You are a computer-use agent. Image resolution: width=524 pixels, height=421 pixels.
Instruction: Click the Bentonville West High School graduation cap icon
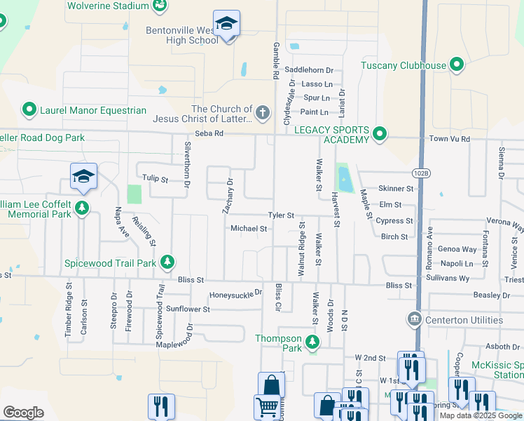point(226,25)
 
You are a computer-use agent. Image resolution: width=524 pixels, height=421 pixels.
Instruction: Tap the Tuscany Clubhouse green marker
point(457,66)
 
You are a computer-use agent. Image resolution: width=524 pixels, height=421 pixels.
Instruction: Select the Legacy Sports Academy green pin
point(380,133)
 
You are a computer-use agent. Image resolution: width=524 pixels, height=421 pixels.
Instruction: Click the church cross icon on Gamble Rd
point(262,112)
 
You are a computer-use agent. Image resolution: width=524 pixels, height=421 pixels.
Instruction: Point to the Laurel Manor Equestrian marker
point(29,110)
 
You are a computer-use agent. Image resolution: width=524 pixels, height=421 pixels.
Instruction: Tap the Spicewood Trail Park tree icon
point(167,263)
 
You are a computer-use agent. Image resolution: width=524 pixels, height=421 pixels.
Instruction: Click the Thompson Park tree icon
point(312,343)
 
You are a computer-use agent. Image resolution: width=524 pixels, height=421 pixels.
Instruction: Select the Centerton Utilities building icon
point(414,320)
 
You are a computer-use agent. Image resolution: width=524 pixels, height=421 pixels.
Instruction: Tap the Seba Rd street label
point(209,133)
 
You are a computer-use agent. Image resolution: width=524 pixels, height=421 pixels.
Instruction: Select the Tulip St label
point(156,179)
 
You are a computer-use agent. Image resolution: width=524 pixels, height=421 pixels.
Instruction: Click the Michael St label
point(249,229)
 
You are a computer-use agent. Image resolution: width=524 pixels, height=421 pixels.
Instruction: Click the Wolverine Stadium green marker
point(160,6)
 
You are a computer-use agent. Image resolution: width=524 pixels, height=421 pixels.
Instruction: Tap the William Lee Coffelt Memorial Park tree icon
point(83,207)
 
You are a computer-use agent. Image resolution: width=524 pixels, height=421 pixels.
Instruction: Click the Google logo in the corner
point(23,413)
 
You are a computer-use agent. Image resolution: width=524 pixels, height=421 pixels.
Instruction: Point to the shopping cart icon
point(267,406)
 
